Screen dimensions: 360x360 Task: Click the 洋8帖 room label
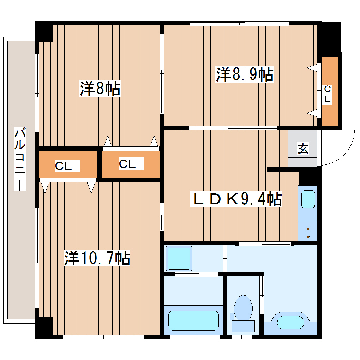click(x=100, y=89)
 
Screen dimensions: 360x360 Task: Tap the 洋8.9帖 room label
click(x=245, y=74)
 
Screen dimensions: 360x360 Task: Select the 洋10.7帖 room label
click(x=97, y=258)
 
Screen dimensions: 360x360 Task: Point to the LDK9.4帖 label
click(x=236, y=199)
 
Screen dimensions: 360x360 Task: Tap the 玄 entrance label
click(x=302, y=149)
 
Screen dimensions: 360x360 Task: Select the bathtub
click(x=193, y=320)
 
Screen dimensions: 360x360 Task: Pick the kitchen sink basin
click(x=308, y=199)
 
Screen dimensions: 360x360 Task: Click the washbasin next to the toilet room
click(x=290, y=322)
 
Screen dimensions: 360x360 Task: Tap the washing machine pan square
click(x=179, y=258)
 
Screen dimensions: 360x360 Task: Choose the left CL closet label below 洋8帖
click(x=64, y=166)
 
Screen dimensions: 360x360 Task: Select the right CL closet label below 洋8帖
click(x=127, y=164)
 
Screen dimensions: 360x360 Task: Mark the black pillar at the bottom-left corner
click(x=44, y=327)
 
